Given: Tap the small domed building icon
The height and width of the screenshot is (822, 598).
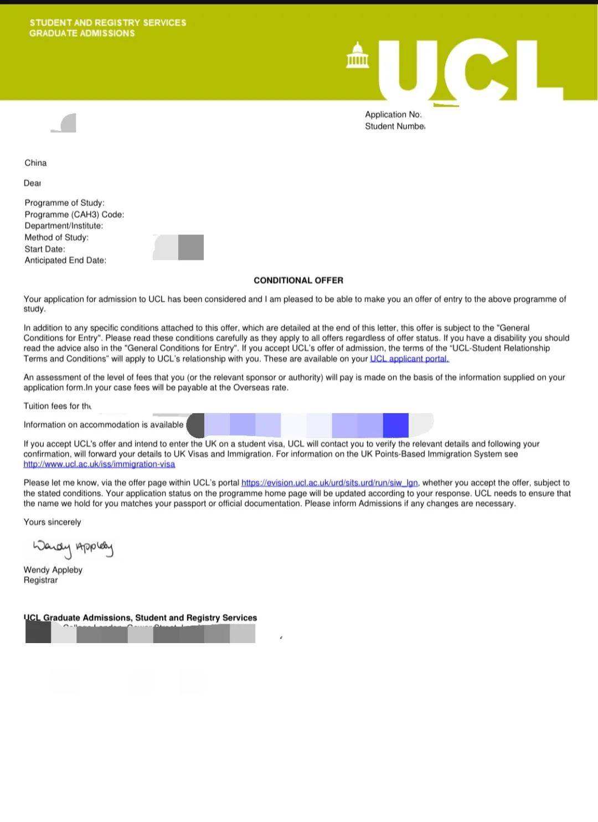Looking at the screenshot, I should (x=357, y=55).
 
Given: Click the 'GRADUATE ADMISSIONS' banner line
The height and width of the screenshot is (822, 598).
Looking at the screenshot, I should (x=82, y=33).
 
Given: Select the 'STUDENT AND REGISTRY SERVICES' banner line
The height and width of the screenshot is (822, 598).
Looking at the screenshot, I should (x=108, y=23).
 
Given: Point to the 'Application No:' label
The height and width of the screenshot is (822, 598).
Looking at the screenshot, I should (x=393, y=115).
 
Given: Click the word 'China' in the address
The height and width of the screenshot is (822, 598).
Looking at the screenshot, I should (x=35, y=163).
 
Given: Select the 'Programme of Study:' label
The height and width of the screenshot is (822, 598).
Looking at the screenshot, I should (x=64, y=203).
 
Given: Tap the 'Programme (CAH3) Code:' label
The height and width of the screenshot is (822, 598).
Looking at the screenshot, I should (x=74, y=214).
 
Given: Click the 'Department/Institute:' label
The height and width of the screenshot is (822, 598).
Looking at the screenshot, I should (x=64, y=226).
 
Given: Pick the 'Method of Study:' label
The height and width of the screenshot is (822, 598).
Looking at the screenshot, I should (x=56, y=238).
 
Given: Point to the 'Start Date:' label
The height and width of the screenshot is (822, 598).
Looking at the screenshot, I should (x=45, y=249).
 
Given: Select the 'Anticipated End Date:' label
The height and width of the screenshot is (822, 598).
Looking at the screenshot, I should (x=65, y=260).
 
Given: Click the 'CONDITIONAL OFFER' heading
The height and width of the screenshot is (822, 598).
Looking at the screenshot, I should (x=298, y=280).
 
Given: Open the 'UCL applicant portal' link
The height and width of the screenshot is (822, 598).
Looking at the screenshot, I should (x=409, y=359).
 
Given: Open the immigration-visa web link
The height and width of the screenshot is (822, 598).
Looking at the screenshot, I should (x=99, y=464).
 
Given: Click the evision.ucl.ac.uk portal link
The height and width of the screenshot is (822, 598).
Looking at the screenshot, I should (x=329, y=483).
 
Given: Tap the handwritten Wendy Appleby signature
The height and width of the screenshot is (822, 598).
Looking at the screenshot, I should (x=73, y=548).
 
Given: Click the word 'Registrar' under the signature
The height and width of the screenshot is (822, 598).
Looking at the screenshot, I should (x=40, y=580).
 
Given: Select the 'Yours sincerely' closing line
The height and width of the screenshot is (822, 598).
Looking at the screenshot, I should (x=52, y=522).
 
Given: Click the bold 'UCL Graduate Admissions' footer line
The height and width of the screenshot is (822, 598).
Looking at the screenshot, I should (x=140, y=618).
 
